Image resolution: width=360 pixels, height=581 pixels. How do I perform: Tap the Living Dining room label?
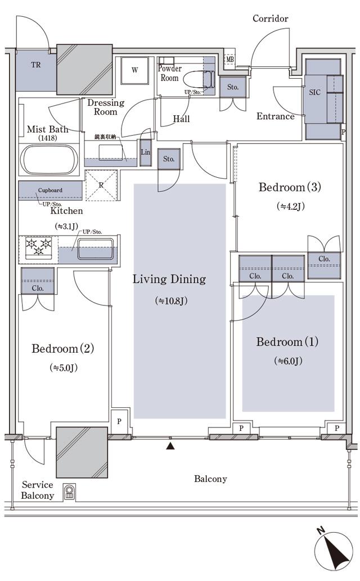tap(169, 279)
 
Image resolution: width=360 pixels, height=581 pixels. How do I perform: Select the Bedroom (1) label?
tap(287, 342)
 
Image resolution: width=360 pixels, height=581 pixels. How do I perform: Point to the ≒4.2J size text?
tap(290, 206)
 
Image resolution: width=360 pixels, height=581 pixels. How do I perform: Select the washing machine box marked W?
tap(135, 70)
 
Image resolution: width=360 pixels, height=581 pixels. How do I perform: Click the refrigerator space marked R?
tap(101, 184)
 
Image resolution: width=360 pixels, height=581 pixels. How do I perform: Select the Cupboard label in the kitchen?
tap(50, 190)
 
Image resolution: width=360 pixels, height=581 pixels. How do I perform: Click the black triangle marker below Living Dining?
tap(170, 447)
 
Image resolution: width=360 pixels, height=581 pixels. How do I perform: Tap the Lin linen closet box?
tap(146, 152)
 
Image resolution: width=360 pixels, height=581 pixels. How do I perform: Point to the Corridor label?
tap(270, 19)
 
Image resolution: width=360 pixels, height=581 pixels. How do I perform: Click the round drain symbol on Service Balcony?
tap(70, 492)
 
